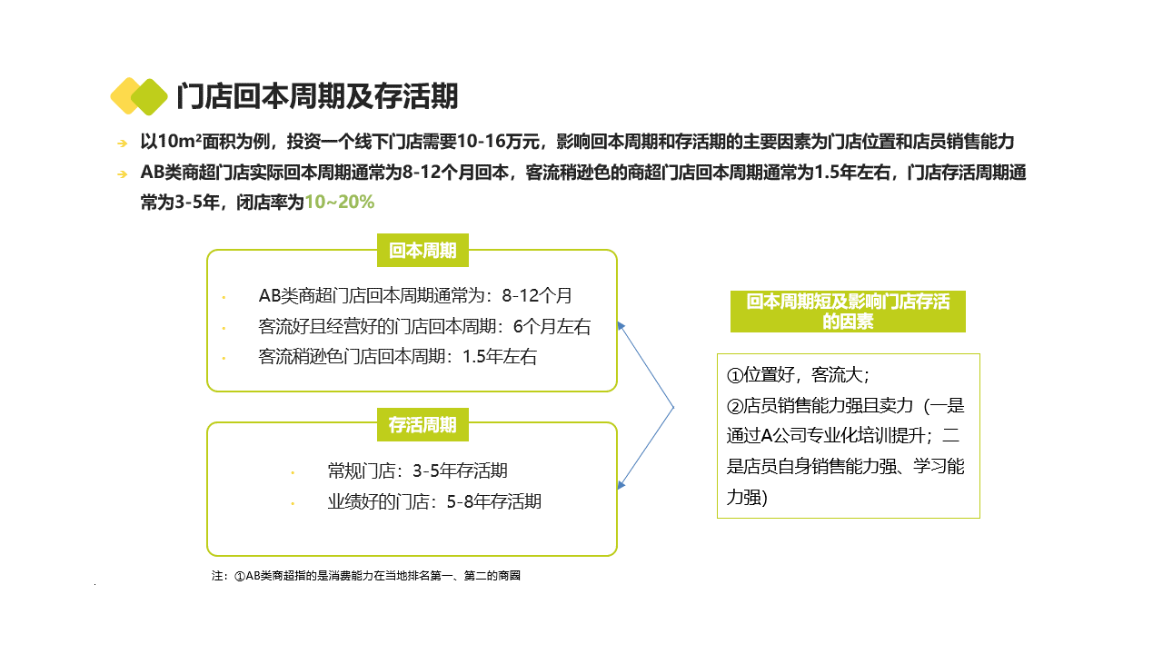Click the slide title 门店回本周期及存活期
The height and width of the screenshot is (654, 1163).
pyautogui.click(x=317, y=96)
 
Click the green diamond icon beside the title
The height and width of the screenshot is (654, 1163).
pyautogui.click(x=150, y=96)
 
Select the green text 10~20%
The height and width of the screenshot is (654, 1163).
pyautogui.click(x=340, y=203)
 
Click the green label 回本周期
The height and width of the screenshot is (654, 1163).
pyautogui.click(x=422, y=251)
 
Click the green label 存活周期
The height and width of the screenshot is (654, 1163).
pyautogui.click(x=422, y=424)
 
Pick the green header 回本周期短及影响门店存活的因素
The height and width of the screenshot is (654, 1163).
pyautogui.click(x=848, y=312)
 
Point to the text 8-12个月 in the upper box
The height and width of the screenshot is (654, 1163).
pyautogui.click(x=537, y=296)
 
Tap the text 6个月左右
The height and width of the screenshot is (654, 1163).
pyautogui.click(x=552, y=327)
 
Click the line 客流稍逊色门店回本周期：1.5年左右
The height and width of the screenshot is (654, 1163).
pyautogui.click(x=397, y=357)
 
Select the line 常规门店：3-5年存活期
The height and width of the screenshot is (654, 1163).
pyautogui.click(x=417, y=471)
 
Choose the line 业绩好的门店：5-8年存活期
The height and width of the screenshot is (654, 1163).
pyautogui.click(x=434, y=501)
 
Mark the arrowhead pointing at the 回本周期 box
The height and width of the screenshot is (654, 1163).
pyautogui.click(x=621, y=325)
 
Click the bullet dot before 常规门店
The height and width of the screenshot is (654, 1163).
pyautogui.click(x=293, y=472)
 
